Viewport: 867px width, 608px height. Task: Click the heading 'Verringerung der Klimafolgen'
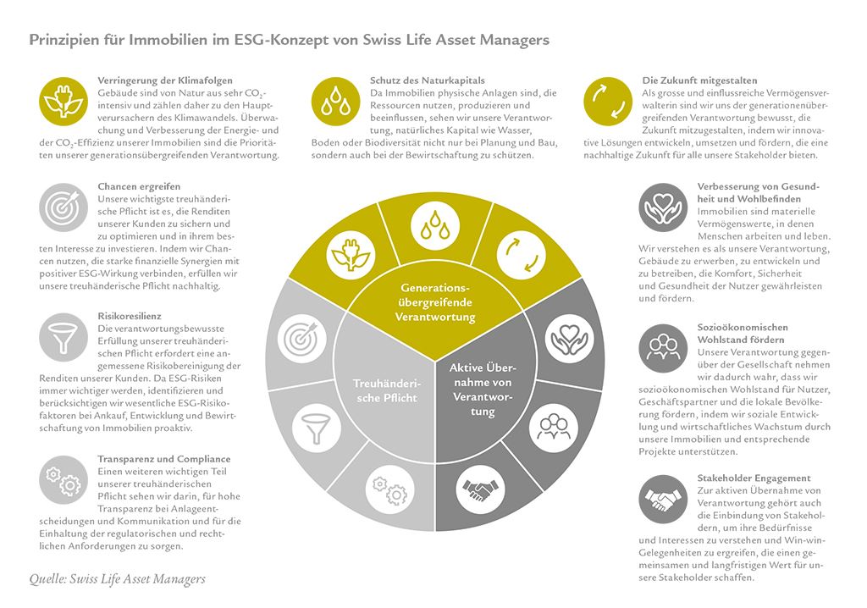pyautogui.click(x=165, y=80)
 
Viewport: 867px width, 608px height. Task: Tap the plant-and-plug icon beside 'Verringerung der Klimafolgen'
pyautogui.click(x=64, y=102)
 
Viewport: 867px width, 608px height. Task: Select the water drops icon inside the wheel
pyautogui.click(x=434, y=226)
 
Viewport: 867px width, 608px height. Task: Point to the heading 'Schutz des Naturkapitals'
pyautogui.click(x=427, y=80)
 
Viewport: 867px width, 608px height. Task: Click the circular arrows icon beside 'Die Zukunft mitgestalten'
pyautogui.click(x=608, y=102)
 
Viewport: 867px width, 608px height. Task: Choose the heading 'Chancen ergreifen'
pyautogui.click(x=139, y=186)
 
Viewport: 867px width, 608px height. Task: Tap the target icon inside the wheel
pyautogui.click(x=301, y=338)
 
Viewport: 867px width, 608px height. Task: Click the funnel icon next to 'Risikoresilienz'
pyautogui.click(x=64, y=337)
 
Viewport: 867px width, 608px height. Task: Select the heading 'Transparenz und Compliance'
pyautogui.click(x=163, y=459)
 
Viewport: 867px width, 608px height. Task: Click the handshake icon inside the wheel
pyautogui.click(x=481, y=489)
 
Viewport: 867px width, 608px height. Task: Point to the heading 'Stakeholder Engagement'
pyautogui.click(x=754, y=478)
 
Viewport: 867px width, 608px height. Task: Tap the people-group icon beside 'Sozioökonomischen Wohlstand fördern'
pyautogui.click(x=663, y=349)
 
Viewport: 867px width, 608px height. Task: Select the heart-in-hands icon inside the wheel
pyautogui.click(x=569, y=339)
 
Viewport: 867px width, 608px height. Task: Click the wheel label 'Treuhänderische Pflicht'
pyautogui.click(x=386, y=390)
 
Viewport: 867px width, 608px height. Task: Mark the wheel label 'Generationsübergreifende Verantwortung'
pyautogui.click(x=435, y=302)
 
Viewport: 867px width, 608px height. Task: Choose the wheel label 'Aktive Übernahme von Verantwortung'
pyautogui.click(x=481, y=389)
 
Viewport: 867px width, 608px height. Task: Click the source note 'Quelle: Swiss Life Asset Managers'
pyautogui.click(x=117, y=579)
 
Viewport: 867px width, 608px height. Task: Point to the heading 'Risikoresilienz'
pyautogui.click(x=130, y=316)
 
